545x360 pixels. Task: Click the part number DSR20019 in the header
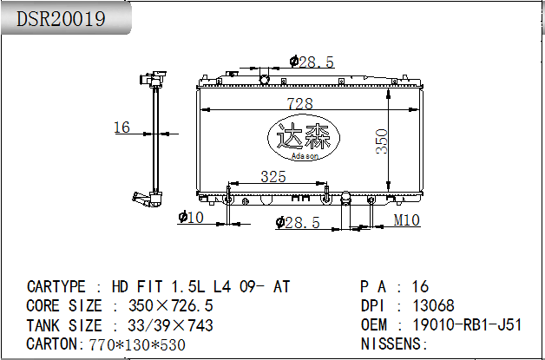tap(61, 19)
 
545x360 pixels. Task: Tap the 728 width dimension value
tap(299, 103)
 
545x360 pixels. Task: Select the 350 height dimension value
tap(382, 141)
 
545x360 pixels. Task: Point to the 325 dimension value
tap(273, 177)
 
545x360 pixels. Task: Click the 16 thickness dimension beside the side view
tap(121, 128)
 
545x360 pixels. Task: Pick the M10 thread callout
tap(407, 220)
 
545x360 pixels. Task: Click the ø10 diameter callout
tap(191, 218)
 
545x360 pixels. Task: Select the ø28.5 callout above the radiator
tap(312, 62)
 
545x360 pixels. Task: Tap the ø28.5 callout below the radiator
tap(298, 222)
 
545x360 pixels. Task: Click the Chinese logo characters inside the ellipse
tap(303, 136)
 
